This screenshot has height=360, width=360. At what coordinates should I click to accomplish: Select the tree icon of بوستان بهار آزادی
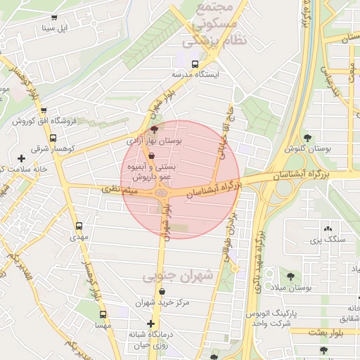click(155, 129)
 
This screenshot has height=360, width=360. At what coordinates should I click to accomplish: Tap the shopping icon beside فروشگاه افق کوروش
click(44, 110)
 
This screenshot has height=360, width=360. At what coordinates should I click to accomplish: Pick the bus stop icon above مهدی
click(79, 226)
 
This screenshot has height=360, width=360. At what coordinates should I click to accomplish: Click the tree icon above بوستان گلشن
click(308, 137)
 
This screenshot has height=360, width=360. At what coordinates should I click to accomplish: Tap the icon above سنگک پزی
click(327, 228)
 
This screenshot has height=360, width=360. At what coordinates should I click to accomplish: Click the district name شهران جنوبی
click(178, 277)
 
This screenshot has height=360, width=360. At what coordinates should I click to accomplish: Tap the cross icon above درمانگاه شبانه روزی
click(150, 323)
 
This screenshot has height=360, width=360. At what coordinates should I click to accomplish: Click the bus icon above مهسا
click(103, 315)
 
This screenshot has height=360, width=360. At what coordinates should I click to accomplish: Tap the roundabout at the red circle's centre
click(163, 192)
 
